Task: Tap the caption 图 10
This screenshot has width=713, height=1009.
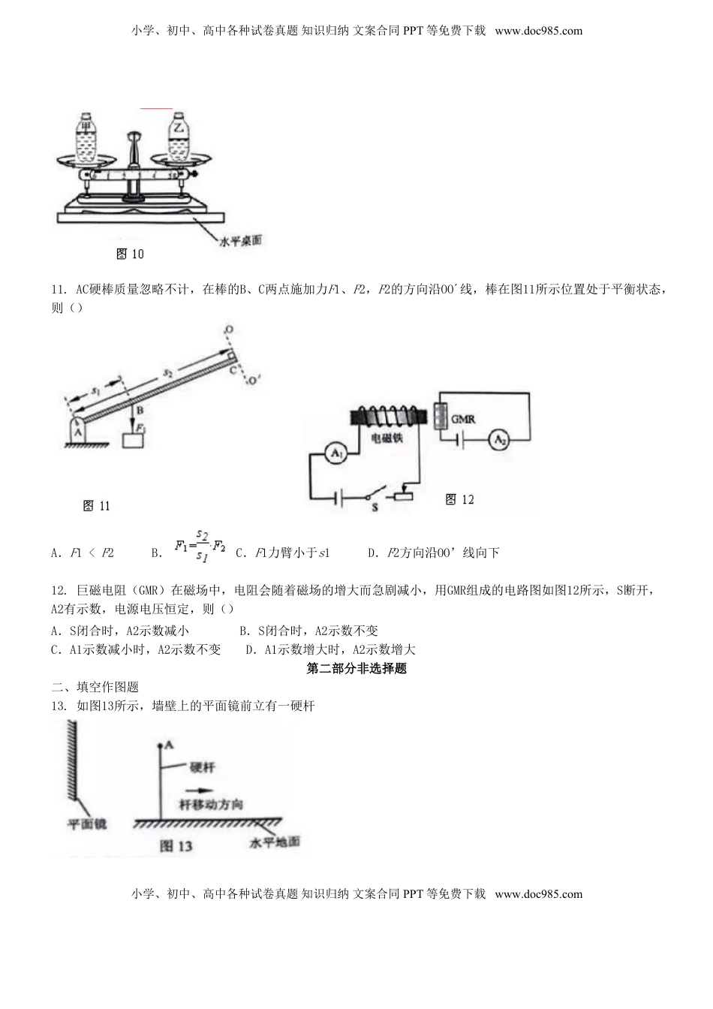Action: (130, 254)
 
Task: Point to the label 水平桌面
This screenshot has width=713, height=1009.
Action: (245, 241)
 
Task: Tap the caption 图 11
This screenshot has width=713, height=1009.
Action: (96, 506)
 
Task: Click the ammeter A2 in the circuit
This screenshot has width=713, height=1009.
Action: (498, 441)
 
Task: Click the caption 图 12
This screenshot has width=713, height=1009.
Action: (459, 499)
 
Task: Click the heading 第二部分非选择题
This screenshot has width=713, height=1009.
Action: (356, 668)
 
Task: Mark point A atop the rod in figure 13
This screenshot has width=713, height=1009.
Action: (159, 746)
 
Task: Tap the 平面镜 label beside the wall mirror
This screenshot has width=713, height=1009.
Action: (87, 824)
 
